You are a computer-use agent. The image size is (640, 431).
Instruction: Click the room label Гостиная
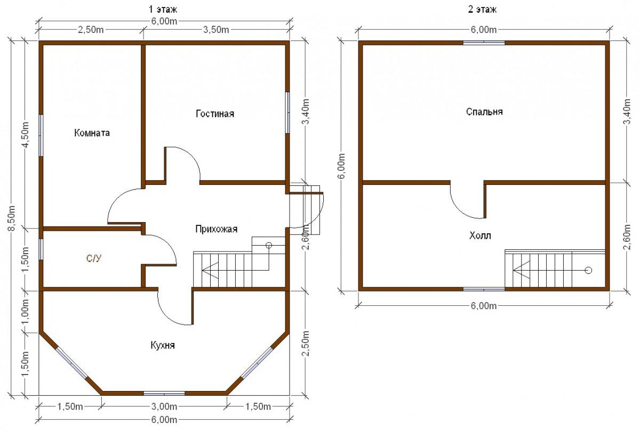[215, 113]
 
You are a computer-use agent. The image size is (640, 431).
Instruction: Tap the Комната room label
[92, 133]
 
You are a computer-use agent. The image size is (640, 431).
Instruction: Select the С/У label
[94, 258]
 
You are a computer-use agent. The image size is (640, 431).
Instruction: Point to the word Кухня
[163, 345]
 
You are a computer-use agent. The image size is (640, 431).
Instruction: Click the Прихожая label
[217, 229]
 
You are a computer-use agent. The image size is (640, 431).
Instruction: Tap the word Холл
[480, 235]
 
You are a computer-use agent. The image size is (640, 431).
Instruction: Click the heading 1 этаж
[163, 10]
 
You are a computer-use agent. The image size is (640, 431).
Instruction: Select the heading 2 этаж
[482, 10]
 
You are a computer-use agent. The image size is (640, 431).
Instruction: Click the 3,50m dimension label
[216, 30]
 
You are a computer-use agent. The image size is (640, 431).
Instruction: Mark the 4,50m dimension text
[25, 135]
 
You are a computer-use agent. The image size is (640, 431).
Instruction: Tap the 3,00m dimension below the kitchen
[164, 406]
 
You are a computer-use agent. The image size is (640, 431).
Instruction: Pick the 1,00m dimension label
[25, 312]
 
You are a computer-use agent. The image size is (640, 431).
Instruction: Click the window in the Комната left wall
[41, 135]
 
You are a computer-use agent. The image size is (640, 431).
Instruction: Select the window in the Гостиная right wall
[287, 112]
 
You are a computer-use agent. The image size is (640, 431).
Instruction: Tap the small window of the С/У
[41, 249]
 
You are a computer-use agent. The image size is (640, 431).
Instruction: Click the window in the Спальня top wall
[484, 43]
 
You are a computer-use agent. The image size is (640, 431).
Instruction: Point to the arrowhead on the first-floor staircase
[210, 270]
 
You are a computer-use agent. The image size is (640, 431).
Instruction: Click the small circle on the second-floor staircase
[588, 270]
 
